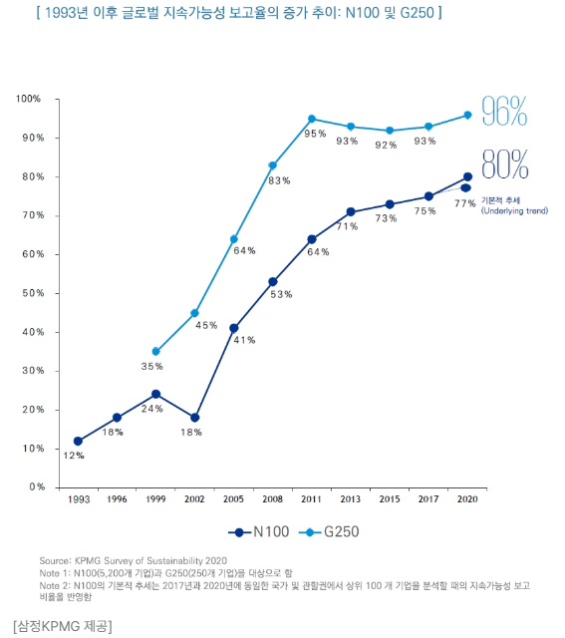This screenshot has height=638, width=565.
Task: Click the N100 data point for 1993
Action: tap(78, 441)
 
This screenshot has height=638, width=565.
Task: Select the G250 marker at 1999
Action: tap(155, 352)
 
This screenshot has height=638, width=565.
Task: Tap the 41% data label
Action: tap(244, 340)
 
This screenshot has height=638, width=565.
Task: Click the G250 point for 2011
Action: tap(312, 119)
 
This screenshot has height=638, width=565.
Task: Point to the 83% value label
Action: tap(279, 180)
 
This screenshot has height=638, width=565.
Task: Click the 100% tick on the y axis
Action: tap(28, 99)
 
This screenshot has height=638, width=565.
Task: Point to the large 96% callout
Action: tap(504, 112)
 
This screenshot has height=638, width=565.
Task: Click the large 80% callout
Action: tap(504, 162)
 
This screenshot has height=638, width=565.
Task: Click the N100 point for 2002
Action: tap(194, 417)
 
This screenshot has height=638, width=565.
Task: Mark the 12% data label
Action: tap(74, 456)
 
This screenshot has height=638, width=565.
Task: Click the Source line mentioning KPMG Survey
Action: tap(135, 561)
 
